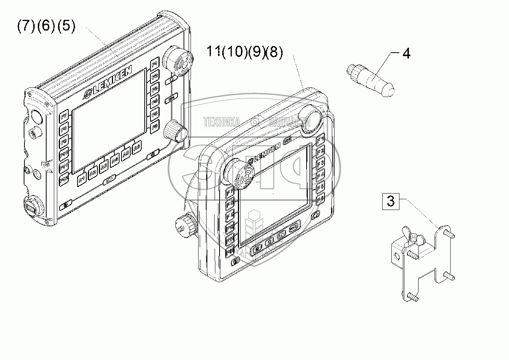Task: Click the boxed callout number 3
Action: pos(390,200)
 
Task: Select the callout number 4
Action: pos(406,53)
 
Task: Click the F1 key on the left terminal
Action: pos(154,64)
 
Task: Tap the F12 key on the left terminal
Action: pos(63,180)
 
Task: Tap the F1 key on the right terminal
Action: pos(321,139)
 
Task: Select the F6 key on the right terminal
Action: pos(320,198)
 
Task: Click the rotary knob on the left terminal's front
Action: pos(176,130)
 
